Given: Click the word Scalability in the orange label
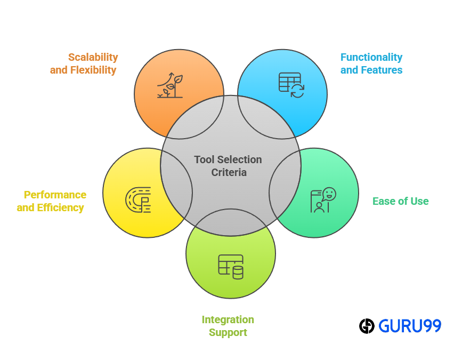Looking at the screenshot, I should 93,57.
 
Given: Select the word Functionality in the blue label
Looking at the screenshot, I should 371,57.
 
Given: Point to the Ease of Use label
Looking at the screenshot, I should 400,201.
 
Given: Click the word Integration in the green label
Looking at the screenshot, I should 228,319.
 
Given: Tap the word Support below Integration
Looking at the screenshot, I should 228,332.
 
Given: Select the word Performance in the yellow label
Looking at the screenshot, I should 55,195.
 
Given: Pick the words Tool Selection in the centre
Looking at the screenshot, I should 228,159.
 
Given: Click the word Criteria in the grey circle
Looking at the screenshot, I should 229,172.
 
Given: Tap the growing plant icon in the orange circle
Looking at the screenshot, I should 169,85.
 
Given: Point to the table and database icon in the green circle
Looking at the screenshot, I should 231,266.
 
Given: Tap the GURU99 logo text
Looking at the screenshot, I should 410,326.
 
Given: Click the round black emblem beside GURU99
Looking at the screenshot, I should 367,326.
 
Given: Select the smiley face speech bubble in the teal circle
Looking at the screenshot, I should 329,194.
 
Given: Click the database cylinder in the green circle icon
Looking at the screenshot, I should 238,272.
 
